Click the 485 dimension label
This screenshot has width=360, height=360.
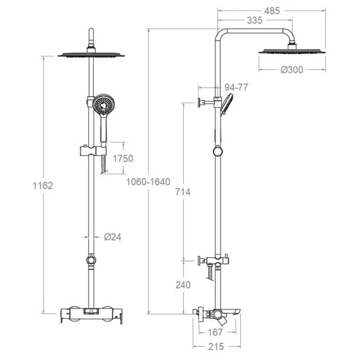click(x=272, y=11)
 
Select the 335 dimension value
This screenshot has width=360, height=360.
click(x=255, y=20)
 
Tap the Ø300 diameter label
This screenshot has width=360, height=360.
click(x=292, y=70)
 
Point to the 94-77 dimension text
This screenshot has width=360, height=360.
click(x=236, y=87)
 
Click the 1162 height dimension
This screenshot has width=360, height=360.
click(x=42, y=186)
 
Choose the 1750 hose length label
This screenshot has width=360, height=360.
click(x=123, y=158)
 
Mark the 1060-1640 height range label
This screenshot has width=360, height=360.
click(x=148, y=182)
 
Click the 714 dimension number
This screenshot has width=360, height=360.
click(x=183, y=191)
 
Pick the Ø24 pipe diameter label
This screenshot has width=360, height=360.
click(x=113, y=236)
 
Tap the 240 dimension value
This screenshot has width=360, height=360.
click(x=183, y=285)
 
